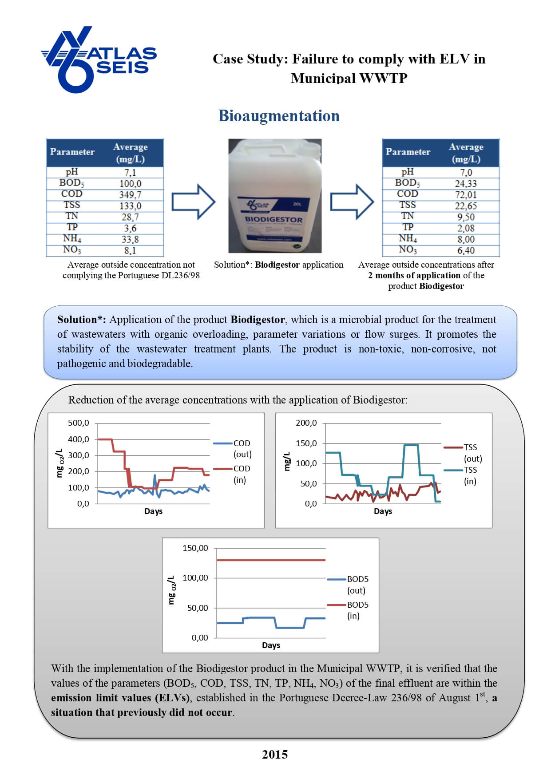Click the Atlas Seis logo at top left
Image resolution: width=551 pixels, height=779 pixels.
pyautogui.click(x=99, y=59)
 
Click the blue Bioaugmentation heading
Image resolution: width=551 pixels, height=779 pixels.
pyautogui.click(x=279, y=116)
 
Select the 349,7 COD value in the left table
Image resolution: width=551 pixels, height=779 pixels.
pyautogui.click(x=130, y=194)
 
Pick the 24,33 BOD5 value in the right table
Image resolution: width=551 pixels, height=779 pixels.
pyautogui.click(x=465, y=183)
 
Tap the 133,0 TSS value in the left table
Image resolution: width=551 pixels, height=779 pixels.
pyautogui.click(x=130, y=206)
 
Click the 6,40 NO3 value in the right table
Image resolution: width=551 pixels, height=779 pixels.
pyautogui.click(x=466, y=250)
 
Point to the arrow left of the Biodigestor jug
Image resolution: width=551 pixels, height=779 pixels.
pyautogui.click(x=193, y=202)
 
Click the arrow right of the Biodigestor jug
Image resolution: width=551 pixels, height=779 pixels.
pyautogui.click(x=352, y=202)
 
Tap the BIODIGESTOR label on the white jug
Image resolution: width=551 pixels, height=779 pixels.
pyautogui.click(x=274, y=219)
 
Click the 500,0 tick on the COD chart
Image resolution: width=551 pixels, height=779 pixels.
pyautogui.click(x=78, y=423)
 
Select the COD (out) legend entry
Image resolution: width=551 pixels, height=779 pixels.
pyautogui.click(x=242, y=448)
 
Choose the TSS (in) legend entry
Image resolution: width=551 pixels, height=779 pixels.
pyautogui.click(x=470, y=475)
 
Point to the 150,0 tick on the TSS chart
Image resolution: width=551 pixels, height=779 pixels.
pyautogui.click(x=306, y=443)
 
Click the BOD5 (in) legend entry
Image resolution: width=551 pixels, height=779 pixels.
pyautogui.click(x=357, y=610)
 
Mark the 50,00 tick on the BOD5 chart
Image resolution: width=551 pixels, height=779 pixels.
pyautogui.click(x=198, y=608)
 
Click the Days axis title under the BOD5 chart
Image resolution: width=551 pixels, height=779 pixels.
pyautogui.click(x=271, y=645)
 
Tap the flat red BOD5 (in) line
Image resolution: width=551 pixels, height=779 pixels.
pyautogui.click(x=271, y=560)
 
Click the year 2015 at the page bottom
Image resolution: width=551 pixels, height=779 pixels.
pyautogui.click(x=275, y=755)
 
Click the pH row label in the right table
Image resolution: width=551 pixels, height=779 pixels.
pyautogui.click(x=407, y=172)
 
